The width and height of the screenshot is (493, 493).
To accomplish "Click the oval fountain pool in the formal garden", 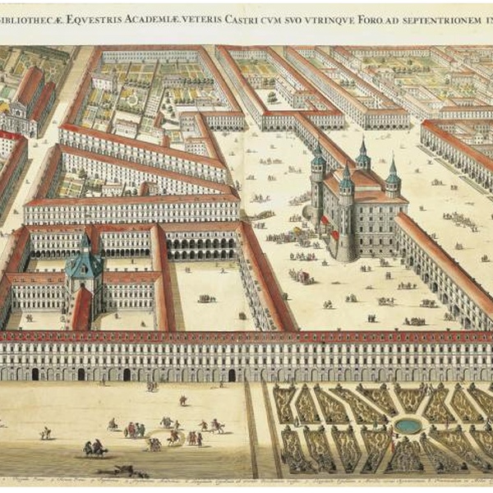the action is (x=408, y=425).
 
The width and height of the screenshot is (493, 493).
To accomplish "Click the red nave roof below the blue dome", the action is (x=82, y=308).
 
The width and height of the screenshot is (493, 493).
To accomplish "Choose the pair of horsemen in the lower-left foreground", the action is (x=94, y=449).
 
